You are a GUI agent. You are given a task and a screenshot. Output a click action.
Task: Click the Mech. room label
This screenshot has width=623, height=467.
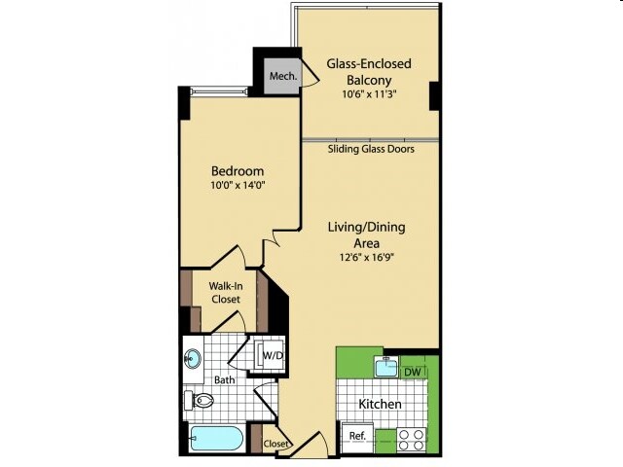pyautogui.click(x=283, y=76)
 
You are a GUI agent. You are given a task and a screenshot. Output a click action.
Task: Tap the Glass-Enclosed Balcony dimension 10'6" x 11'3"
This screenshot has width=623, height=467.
pyautogui.click(x=370, y=94)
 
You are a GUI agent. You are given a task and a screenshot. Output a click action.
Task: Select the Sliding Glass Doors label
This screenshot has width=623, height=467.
pyautogui.click(x=371, y=149)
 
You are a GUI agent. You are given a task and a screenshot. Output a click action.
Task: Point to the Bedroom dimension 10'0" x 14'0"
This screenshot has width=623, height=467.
pyautogui.click(x=238, y=185)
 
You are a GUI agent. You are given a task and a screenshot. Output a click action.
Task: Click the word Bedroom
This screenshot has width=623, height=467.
pyautogui.click(x=238, y=171)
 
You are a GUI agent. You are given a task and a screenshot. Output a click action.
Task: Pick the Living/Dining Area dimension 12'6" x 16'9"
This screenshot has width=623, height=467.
pyautogui.click(x=366, y=257)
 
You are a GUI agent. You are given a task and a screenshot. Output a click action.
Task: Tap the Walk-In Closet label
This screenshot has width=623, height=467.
pyautogui.click(x=226, y=292)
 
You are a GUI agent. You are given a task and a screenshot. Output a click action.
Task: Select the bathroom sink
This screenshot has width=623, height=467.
pyautogui.click(x=193, y=359)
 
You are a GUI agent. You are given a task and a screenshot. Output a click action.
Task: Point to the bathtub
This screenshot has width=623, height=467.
pyautogui.click(x=217, y=439)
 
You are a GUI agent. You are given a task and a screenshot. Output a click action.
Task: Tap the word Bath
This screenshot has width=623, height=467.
pyautogui.click(x=225, y=380)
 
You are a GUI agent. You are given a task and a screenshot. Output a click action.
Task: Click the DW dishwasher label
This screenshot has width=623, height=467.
pyautogui.click(x=413, y=372)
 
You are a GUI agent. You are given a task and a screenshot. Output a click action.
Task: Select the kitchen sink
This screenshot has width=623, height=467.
pyautogui.click(x=386, y=367)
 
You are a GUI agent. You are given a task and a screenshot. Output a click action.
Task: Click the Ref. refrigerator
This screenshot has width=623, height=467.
pyautogui.click(x=357, y=436)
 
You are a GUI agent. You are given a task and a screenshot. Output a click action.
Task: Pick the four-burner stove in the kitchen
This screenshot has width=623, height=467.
pyautogui.click(x=412, y=440)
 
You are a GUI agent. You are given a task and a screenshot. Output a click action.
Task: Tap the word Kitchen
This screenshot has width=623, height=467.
pyautogui.click(x=380, y=405)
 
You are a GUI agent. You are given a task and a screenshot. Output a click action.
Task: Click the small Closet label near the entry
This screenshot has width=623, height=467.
pyautogui.click(x=275, y=444)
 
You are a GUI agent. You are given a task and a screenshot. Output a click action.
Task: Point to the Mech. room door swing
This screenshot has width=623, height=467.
pyautogui.click(x=311, y=72)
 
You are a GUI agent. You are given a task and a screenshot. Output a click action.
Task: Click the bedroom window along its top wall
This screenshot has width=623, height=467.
pyautogui.click(x=219, y=91)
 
